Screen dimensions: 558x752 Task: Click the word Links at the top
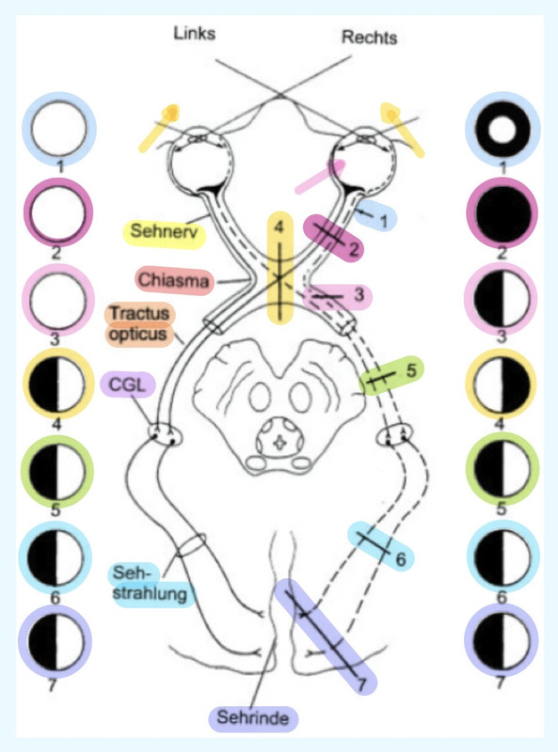click(x=195, y=33)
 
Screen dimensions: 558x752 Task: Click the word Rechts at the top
click(x=369, y=37)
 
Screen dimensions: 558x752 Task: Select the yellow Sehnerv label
click(x=165, y=232)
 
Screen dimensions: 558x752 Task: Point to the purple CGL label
click(x=128, y=384)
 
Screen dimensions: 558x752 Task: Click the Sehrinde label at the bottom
click(x=253, y=718)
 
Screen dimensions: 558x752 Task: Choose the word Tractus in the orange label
click(x=140, y=313)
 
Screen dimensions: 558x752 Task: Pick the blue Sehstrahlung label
click(x=149, y=584)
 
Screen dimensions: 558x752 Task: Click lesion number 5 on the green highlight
click(x=410, y=370)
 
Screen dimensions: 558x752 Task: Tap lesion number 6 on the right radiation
click(x=401, y=558)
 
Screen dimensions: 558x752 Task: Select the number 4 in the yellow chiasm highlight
click(x=279, y=227)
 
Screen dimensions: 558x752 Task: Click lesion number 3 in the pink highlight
click(x=359, y=295)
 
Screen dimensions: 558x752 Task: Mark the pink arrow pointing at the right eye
click(x=321, y=177)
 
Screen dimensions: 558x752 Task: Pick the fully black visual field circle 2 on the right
click(x=502, y=213)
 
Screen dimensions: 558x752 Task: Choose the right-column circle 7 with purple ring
click(x=502, y=641)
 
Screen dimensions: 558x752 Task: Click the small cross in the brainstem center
click(x=279, y=443)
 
